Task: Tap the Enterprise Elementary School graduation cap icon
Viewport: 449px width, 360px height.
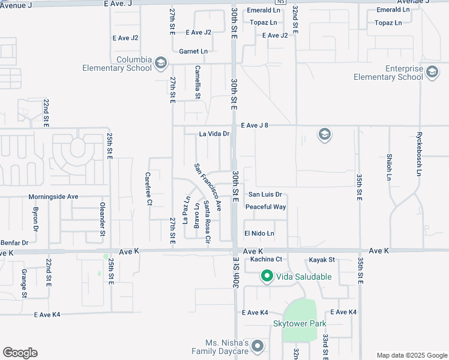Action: click(x=432, y=73)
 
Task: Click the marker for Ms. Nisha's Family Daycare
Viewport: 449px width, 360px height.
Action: click(x=258, y=346)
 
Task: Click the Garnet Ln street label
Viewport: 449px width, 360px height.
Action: click(x=193, y=52)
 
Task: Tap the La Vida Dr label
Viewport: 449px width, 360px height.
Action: click(x=214, y=134)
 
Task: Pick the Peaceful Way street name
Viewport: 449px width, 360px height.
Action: click(x=265, y=207)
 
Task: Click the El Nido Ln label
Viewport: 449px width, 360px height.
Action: click(x=259, y=233)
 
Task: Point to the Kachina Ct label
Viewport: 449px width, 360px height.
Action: click(x=267, y=259)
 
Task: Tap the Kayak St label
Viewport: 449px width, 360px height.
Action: click(x=322, y=259)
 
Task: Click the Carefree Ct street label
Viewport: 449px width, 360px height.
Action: click(x=148, y=188)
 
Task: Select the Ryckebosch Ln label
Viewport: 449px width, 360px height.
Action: click(x=419, y=154)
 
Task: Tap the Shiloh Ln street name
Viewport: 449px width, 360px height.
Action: click(x=388, y=166)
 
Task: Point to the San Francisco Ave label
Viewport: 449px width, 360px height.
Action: click(x=208, y=187)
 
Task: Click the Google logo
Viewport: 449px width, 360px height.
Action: click(x=20, y=353)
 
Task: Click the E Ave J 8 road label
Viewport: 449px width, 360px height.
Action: click(x=258, y=125)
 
